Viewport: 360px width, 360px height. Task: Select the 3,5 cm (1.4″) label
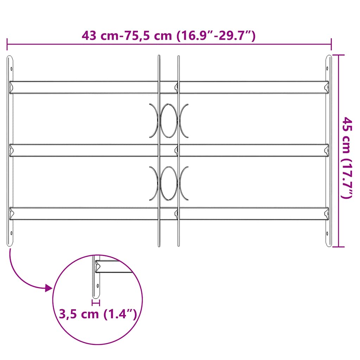97,314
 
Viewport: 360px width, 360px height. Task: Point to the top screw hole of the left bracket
11,69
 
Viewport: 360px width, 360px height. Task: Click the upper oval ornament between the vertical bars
169,120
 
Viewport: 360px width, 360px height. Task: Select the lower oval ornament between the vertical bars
169,183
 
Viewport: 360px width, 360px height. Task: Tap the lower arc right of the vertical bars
184,183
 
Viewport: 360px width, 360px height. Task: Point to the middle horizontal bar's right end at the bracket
326,150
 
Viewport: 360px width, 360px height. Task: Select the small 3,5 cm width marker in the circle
96,302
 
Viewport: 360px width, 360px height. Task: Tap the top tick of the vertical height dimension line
338,55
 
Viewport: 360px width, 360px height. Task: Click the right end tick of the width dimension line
331,44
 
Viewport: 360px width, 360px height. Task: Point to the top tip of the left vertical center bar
159,56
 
